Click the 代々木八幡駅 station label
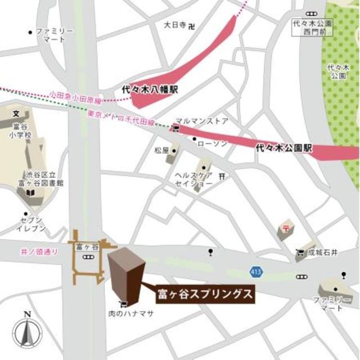point(150,89)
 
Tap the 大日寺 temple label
point(175,25)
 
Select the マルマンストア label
point(202,120)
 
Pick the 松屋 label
point(162,150)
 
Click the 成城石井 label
point(323,253)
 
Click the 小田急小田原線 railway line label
point(75,96)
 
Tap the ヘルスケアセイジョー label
point(193,179)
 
